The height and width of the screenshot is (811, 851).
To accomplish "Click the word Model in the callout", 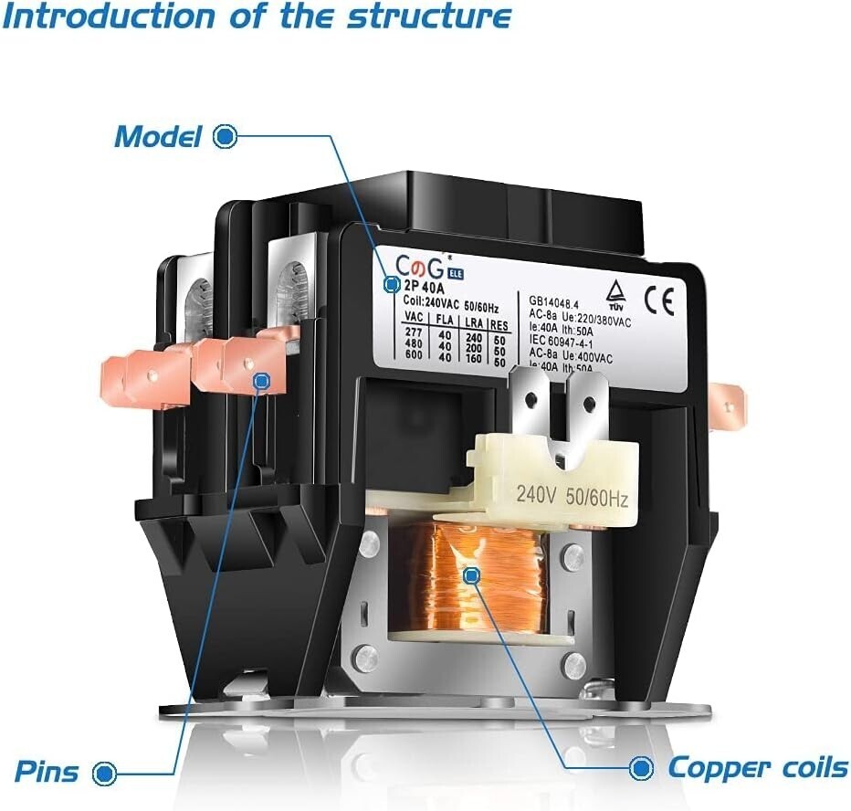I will pyautogui.click(x=157, y=137).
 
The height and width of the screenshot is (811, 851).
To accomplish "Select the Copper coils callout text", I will pyautogui.click(x=757, y=767).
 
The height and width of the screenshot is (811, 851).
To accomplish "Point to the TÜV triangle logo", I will pyautogui.click(x=616, y=292).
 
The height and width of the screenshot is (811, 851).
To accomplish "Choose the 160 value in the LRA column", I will pyautogui.click(x=472, y=359).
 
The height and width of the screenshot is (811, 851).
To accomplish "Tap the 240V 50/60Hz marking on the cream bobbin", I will pyautogui.click(x=572, y=497).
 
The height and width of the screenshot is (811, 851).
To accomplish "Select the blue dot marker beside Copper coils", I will pyautogui.click(x=642, y=766).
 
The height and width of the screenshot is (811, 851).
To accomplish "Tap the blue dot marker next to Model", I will pyautogui.click(x=225, y=137).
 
